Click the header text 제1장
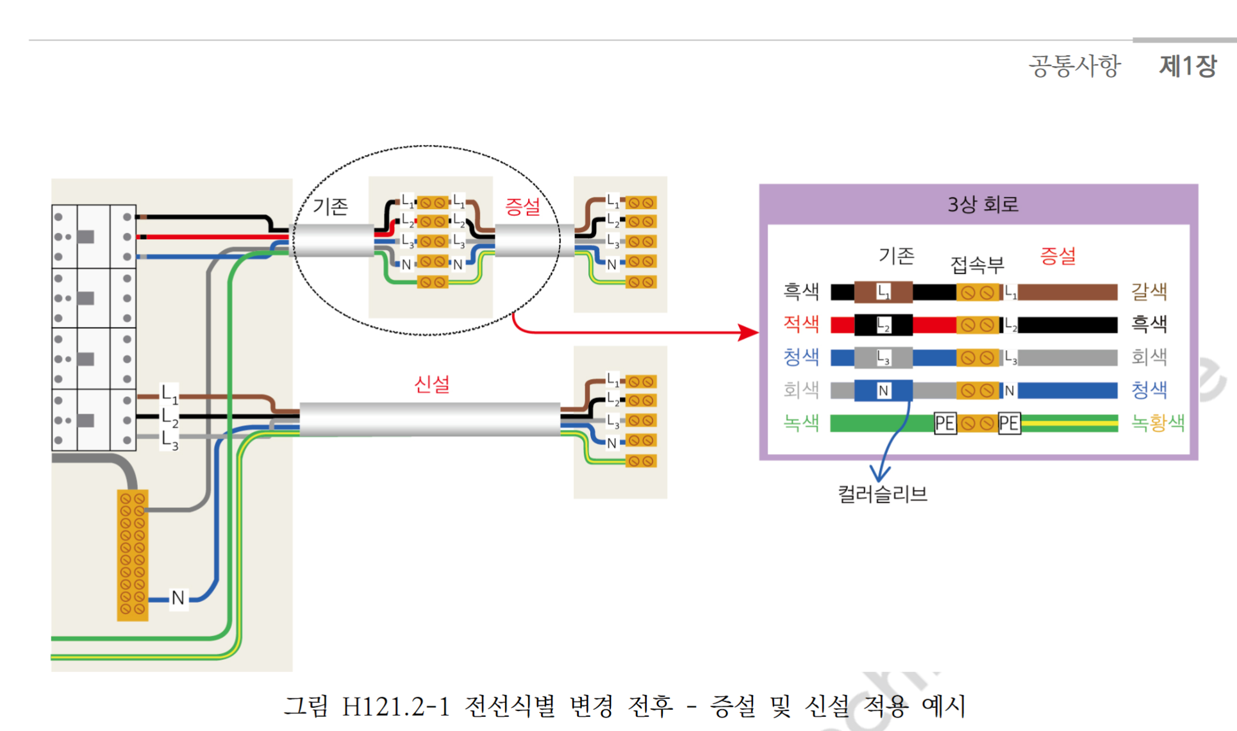coord(1187,66)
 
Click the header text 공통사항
coord(1074,66)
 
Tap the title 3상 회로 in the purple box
coord(983,205)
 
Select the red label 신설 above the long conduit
coord(431,384)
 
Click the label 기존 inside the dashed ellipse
coord(330,206)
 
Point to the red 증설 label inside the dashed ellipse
coord(522,206)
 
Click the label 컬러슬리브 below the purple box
coord(883,494)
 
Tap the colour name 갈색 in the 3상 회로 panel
coord(1149,292)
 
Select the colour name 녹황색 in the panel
coord(1158,423)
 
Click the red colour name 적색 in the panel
coord(801,324)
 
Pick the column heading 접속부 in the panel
coord(977,264)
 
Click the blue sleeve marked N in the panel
coord(883,391)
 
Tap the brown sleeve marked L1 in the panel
coord(883,292)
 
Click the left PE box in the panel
coord(945,423)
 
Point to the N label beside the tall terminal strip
coord(178,598)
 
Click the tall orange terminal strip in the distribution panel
coord(133,555)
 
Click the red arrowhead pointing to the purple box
coord(748,332)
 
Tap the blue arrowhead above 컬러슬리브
coord(879,474)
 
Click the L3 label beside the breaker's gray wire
coord(169,441)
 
